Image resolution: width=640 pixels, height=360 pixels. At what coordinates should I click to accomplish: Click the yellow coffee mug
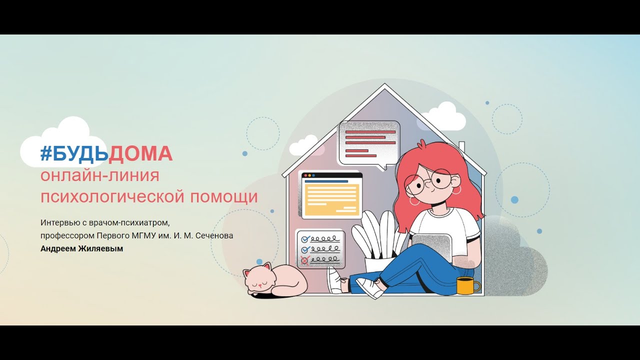pos(466,285)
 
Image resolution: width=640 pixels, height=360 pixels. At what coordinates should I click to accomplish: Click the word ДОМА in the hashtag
pos(140,154)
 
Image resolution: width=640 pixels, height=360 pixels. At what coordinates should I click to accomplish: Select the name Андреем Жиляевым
pos(81,248)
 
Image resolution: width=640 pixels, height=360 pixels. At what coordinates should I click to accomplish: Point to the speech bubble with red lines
pos(369,142)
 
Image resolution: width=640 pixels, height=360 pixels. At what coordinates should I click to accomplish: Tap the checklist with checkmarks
pos(320,248)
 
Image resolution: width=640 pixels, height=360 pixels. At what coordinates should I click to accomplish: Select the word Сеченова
pos(214,235)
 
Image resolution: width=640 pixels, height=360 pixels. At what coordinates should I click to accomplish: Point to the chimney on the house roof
pos(461,146)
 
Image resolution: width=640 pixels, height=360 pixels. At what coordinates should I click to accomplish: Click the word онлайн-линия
pos(100,176)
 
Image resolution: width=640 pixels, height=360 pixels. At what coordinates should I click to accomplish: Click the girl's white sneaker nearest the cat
pos(335,280)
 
